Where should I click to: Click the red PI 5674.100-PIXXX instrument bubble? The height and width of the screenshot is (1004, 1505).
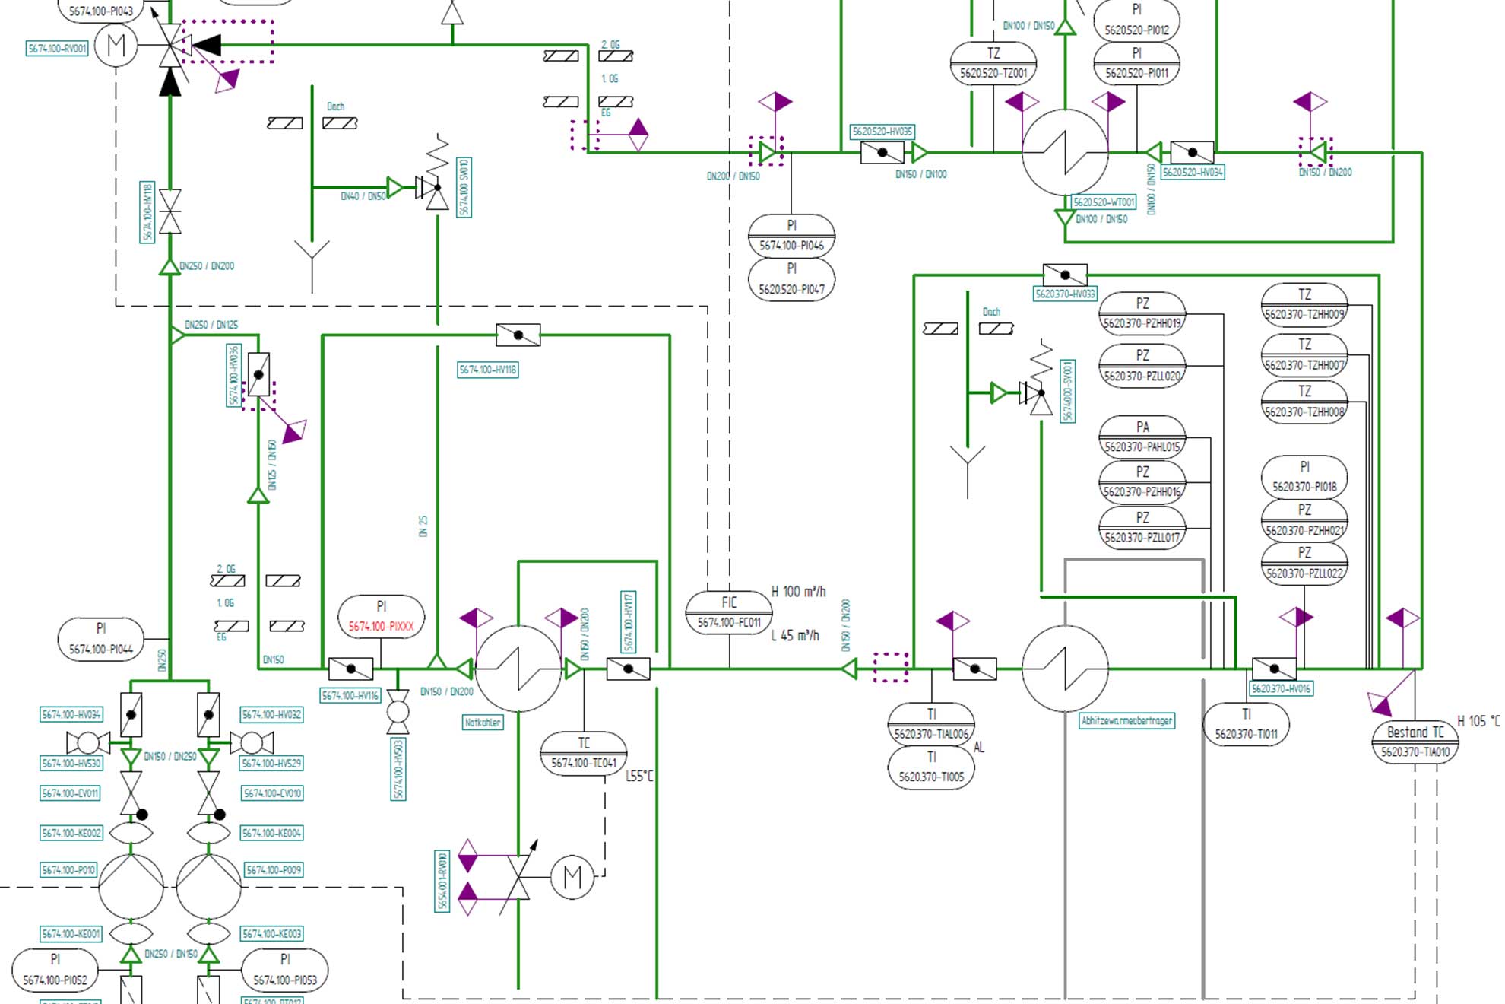[381, 617]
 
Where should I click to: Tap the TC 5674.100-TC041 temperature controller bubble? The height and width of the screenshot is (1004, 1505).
[583, 753]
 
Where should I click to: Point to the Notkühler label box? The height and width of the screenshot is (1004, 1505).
[483, 722]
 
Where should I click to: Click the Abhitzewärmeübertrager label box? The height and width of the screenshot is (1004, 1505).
[1126, 720]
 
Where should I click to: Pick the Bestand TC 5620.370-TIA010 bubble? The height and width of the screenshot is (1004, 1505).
[1415, 742]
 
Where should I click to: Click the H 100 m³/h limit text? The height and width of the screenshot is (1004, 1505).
[798, 592]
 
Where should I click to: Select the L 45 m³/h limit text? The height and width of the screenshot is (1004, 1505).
[795, 636]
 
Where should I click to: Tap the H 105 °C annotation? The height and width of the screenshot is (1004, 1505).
[1478, 721]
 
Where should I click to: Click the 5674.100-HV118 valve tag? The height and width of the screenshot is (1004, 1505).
[487, 370]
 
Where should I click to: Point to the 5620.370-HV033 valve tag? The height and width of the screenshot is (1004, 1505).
[1065, 294]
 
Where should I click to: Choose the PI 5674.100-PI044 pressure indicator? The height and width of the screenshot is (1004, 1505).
[100, 639]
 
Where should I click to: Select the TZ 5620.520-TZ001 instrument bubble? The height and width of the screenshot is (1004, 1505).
[993, 63]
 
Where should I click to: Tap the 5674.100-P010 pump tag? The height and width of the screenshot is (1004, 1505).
[68, 869]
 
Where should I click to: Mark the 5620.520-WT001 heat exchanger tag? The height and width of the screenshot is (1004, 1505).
[1104, 202]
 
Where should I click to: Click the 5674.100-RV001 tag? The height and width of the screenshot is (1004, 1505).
[58, 49]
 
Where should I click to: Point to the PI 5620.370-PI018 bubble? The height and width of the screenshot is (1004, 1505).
[1304, 477]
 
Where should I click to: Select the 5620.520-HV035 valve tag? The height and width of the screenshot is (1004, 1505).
[882, 132]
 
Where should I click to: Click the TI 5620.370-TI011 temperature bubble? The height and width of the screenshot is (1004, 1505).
[1246, 724]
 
